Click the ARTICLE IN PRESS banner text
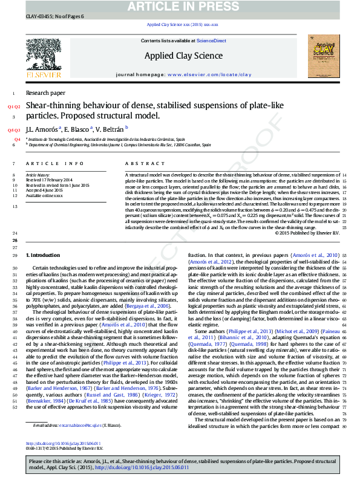point(180,7)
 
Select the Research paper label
point(45,93)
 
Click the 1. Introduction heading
point(45,256)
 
